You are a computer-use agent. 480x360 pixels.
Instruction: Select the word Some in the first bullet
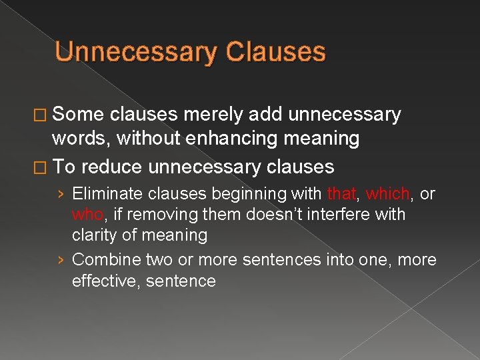pyautogui.click(x=79, y=115)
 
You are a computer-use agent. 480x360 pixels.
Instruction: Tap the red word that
pyautogui.click(x=342, y=194)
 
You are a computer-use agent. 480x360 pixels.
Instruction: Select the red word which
pyautogui.click(x=387, y=194)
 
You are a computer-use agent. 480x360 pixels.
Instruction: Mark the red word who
pyautogui.click(x=87, y=215)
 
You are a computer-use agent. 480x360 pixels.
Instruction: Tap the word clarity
pyautogui.click(x=93, y=235)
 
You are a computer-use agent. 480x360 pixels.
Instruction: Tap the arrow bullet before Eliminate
pyautogui.click(x=61, y=195)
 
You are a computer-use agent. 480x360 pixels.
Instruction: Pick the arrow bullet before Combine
pyautogui.click(x=61, y=260)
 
